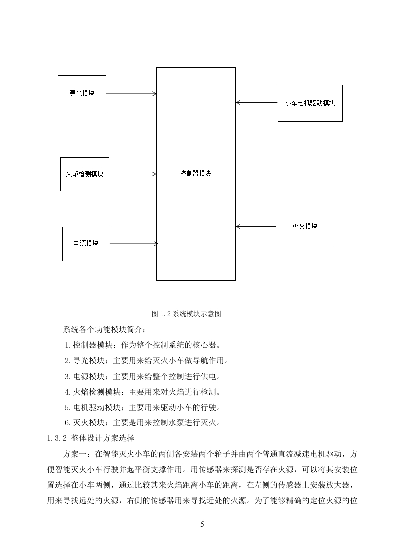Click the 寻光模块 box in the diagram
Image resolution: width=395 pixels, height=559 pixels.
coord(82,94)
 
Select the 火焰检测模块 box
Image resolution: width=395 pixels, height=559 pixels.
coord(85,174)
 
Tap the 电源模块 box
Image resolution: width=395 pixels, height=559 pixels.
coord(86,244)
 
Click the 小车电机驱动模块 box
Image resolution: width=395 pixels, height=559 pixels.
coord(310,103)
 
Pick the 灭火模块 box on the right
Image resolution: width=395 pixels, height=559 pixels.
coord(305,227)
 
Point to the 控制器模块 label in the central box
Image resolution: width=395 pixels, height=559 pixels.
coord(195,173)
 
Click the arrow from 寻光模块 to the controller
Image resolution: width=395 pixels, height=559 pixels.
coord(131,94)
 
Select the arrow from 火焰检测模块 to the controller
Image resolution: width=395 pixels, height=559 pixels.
coord(132,174)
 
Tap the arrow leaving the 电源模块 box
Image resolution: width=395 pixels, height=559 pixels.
coord(134,244)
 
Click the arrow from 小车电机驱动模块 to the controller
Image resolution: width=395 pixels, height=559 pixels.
coord(257,103)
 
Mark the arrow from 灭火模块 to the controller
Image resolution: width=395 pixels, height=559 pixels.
coord(257,226)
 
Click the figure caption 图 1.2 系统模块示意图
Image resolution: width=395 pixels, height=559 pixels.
coord(186,314)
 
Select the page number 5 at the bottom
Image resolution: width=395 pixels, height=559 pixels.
coord(202,524)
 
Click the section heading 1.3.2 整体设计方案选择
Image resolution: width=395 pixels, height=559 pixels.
coord(91,438)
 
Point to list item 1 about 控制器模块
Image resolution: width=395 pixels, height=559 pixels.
coord(143,345)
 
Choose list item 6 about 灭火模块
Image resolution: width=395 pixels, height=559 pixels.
coord(143,423)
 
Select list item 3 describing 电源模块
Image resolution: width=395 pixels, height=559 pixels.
coord(143,377)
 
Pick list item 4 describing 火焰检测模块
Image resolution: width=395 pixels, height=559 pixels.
coord(143,392)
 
